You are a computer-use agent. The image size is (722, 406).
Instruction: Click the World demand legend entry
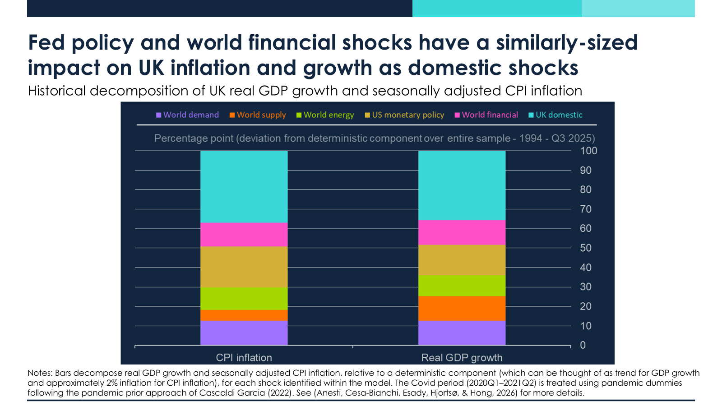click(187, 115)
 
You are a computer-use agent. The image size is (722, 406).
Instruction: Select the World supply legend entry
click(258, 115)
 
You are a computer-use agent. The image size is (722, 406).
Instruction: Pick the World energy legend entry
click(325, 115)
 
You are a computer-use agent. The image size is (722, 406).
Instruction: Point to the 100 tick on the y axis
click(588, 151)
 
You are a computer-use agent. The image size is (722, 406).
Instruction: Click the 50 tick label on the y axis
click(586, 248)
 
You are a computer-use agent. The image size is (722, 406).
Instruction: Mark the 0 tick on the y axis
click(583, 345)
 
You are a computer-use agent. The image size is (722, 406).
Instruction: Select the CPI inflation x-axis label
click(244, 358)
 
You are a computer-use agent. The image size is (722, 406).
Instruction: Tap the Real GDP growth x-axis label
click(462, 358)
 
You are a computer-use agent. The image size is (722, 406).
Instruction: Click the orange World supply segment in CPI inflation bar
click(244, 315)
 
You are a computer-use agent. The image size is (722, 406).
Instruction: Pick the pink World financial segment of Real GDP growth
click(462, 232)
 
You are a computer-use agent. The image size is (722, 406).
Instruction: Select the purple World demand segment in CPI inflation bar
click(244, 333)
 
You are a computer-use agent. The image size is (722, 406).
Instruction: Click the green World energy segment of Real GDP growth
click(462, 286)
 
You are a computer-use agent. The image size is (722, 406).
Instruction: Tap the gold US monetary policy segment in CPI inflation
click(244, 267)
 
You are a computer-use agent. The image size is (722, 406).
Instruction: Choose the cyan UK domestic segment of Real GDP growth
click(462, 185)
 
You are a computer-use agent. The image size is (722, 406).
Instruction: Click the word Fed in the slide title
click(47, 43)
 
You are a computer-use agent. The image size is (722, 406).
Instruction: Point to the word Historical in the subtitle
click(56, 91)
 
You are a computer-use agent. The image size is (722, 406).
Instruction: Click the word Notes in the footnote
click(40, 373)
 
